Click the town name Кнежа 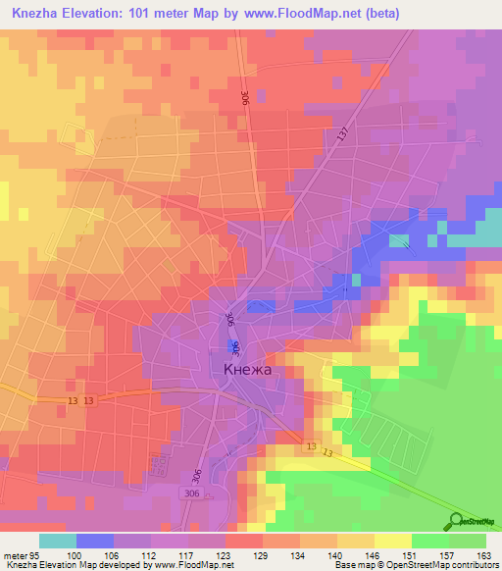point(246,371)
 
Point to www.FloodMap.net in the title point(303,12)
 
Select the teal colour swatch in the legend point(58,541)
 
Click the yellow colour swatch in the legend point(391,541)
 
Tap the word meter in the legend point(15,554)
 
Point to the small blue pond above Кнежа point(233,346)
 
